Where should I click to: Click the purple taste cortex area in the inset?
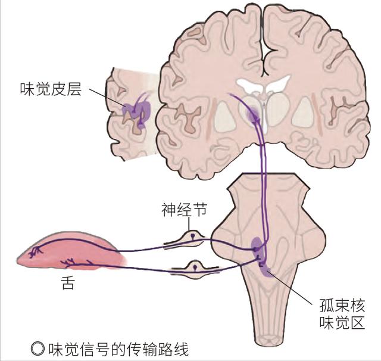coord(136,110)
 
